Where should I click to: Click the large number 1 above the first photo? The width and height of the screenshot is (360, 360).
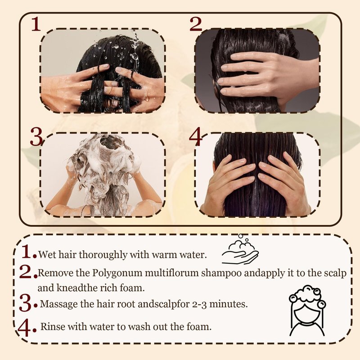point(36,24)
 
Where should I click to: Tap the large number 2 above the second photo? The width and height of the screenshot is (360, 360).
point(196,24)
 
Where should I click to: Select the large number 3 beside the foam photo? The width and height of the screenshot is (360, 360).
point(36,137)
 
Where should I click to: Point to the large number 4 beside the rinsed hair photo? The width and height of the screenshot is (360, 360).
point(195,137)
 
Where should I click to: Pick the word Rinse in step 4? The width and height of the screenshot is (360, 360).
point(53,326)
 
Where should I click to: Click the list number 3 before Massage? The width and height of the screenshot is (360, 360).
point(25,303)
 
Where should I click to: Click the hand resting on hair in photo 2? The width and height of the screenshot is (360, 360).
point(266,76)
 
